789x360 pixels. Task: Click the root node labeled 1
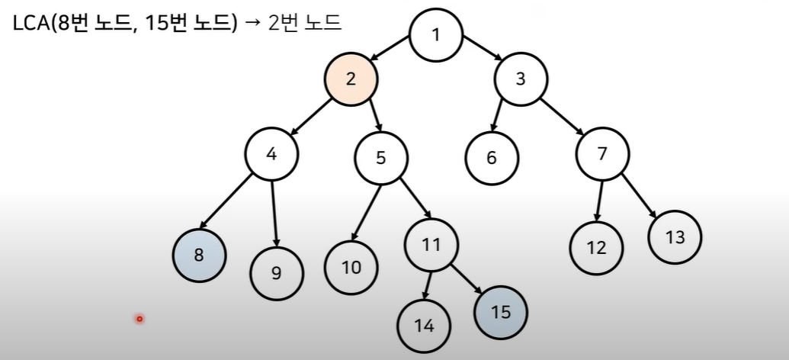(435, 35)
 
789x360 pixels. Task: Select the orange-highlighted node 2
(351, 78)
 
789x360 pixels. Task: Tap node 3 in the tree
(521, 78)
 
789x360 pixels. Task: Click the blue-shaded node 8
(199, 255)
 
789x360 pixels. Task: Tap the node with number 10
(351, 267)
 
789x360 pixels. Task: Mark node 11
(431, 244)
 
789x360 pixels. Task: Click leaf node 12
(596, 247)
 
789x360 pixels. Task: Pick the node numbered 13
(675, 236)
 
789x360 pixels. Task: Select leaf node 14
(424, 325)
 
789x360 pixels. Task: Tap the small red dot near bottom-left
(140, 318)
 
